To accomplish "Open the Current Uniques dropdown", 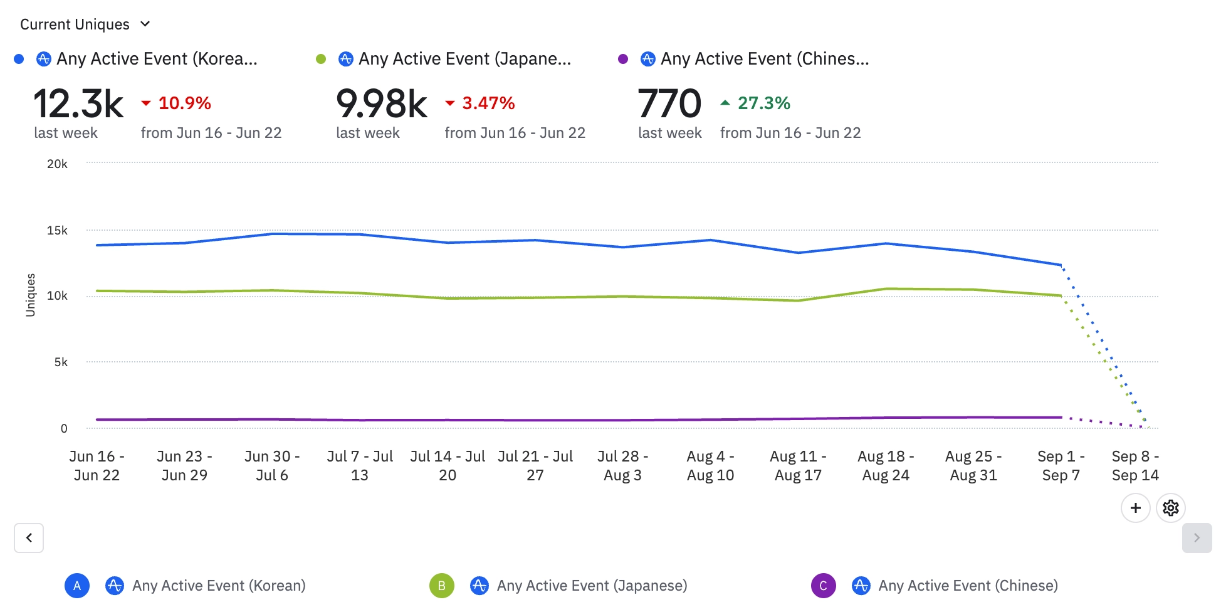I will pyautogui.click(x=85, y=24).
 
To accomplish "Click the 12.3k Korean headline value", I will pyautogui.click(x=78, y=103).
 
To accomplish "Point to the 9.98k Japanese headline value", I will pyautogui.click(x=381, y=103).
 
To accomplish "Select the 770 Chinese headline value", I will pyautogui.click(x=669, y=103).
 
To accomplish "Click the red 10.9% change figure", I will pyautogui.click(x=184, y=103).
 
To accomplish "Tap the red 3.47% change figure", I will pyautogui.click(x=488, y=103).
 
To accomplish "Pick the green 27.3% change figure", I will pyautogui.click(x=763, y=103).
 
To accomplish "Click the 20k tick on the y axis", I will pyautogui.click(x=57, y=164).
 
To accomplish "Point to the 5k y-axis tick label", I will pyautogui.click(x=61, y=362).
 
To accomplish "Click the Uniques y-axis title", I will pyautogui.click(x=30, y=295).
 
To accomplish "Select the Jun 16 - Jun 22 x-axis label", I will pyautogui.click(x=97, y=465).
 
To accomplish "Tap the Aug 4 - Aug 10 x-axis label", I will pyautogui.click(x=710, y=465).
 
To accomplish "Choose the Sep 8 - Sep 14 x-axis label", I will pyautogui.click(x=1135, y=465).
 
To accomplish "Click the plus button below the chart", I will pyautogui.click(x=1135, y=508).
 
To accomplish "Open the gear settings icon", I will pyautogui.click(x=1170, y=508).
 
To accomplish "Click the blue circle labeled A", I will pyautogui.click(x=77, y=586).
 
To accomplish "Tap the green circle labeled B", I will pyautogui.click(x=442, y=586).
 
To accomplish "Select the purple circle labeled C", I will pyautogui.click(x=823, y=586).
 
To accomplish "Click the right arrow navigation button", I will pyautogui.click(x=1197, y=538).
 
